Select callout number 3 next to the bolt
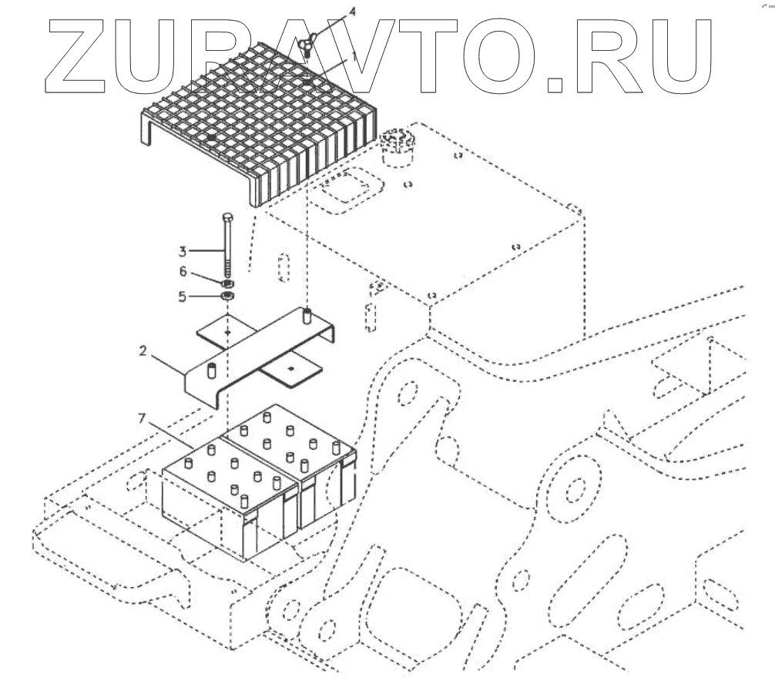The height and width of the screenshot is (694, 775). point(183,250)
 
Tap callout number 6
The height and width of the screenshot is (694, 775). point(183,272)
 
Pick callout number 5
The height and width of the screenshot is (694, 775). point(183,295)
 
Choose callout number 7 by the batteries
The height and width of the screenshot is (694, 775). point(141,418)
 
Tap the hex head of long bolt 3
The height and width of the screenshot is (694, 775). point(227,218)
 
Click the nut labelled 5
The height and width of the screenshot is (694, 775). point(227,297)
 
